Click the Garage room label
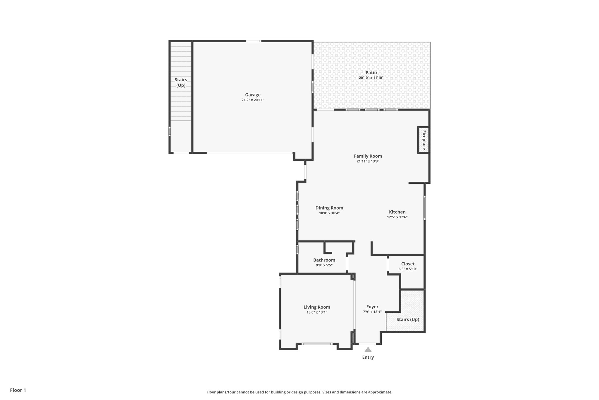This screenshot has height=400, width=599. click(253, 95)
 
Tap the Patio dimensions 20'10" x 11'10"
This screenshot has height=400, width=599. click(371, 78)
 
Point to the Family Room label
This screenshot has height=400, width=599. click(368, 156)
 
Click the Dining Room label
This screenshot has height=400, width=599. click(329, 208)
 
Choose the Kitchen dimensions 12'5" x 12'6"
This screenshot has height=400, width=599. click(397, 217)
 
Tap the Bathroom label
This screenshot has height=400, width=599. click(324, 260)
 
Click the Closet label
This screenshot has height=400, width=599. click(408, 264)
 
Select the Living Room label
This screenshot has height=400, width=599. click(317, 307)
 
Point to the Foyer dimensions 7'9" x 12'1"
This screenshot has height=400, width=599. click(372, 312)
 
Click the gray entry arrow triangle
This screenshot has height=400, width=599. click(368, 349)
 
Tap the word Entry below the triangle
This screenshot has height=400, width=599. click(368, 357)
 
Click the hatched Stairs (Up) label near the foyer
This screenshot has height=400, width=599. click(408, 319)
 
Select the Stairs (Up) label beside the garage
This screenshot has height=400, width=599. click(181, 82)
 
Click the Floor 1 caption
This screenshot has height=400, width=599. click(18, 390)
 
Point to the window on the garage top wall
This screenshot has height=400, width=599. click(253, 41)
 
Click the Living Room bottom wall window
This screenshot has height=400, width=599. click(317, 344)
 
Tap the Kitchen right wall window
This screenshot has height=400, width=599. click(425, 208)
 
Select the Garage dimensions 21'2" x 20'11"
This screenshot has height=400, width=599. click(253, 100)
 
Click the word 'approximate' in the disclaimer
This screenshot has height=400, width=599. click(380, 392)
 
